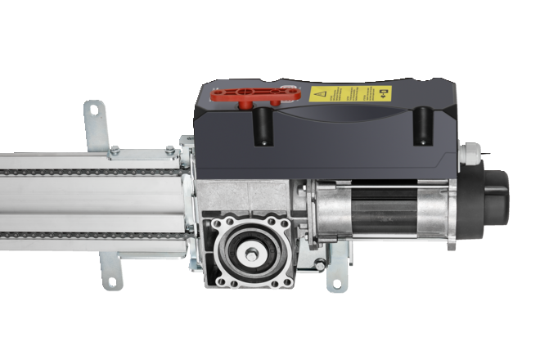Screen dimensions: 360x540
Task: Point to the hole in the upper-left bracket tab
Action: click(92, 108)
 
